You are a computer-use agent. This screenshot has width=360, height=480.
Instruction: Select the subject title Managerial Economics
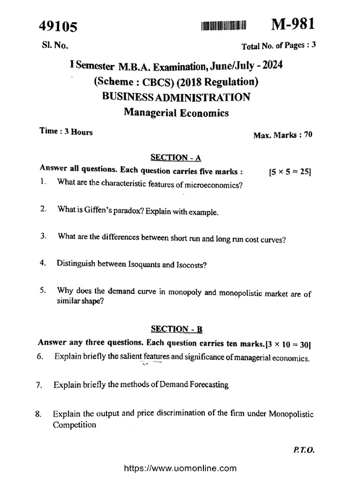tap(176, 112)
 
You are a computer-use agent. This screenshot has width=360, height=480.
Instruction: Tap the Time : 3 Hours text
tap(66, 132)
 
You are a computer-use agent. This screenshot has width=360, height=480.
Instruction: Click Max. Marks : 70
tap(283, 135)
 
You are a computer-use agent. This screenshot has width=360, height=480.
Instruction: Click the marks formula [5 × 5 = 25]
tap(290, 172)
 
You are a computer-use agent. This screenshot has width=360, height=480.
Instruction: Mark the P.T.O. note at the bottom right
tap(304, 449)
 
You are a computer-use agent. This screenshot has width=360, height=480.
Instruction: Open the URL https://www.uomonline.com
tap(180, 468)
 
